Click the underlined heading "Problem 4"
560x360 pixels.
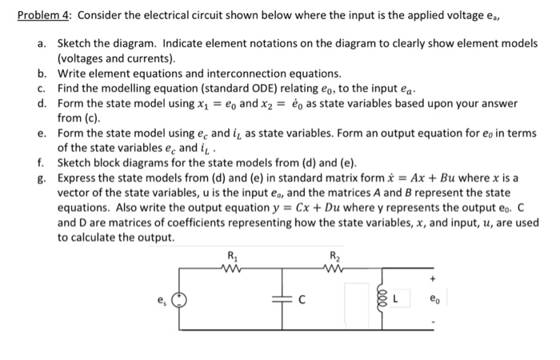point(45,15)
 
